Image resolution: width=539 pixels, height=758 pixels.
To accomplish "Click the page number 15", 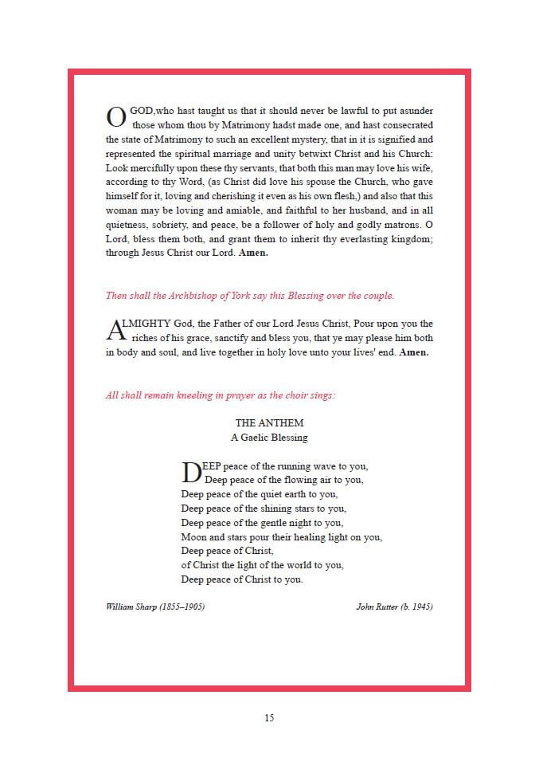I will coord(269,718).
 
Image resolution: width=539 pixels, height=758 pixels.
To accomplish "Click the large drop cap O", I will coord(116,118).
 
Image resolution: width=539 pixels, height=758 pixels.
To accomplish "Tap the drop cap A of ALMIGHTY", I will coord(115,331).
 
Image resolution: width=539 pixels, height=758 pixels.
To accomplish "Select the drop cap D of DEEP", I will coord(192,473).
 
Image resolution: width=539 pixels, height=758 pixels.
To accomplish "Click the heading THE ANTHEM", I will coord(269,423).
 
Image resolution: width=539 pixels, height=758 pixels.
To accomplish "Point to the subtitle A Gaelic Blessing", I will coord(269,438).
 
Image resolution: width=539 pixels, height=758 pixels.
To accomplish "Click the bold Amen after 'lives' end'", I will coord(414,352).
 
